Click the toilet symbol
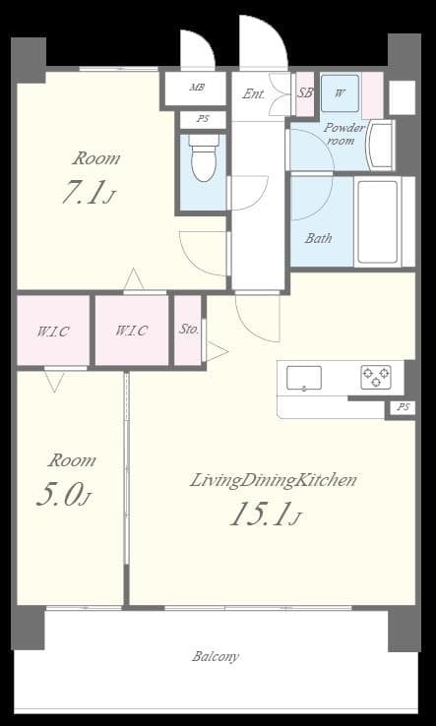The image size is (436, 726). [x=203, y=162]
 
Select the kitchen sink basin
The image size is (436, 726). [x=304, y=377]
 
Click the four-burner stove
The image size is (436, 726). [x=376, y=377]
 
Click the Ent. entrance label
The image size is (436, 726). [x=253, y=94]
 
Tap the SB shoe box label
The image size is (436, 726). [x=305, y=94]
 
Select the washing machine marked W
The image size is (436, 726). [x=340, y=94]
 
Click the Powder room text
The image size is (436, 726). [x=344, y=134]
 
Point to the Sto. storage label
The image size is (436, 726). [x=188, y=330]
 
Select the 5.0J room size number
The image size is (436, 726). [x=63, y=495]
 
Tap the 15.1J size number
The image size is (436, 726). [x=265, y=514]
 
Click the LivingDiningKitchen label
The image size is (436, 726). [x=273, y=481]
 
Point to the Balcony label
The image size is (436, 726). [x=215, y=656]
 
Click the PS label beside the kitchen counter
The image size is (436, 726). [x=402, y=407]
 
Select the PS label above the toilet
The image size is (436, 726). [x=203, y=119]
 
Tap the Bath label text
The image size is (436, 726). [x=318, y=238]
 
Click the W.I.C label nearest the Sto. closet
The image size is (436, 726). [x=131, y=331]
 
